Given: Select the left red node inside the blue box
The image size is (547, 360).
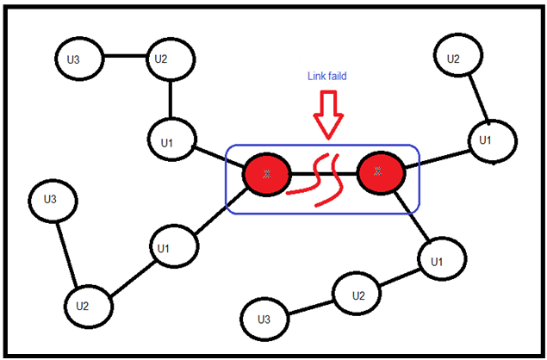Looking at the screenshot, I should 266,174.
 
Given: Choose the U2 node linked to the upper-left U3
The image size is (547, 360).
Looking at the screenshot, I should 160,59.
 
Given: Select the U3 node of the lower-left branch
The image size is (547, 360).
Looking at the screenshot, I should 51,200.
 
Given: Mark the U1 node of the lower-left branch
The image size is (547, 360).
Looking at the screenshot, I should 164,248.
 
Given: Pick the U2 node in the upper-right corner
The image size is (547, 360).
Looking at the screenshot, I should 453,59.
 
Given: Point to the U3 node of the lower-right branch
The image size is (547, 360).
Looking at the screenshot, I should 265,320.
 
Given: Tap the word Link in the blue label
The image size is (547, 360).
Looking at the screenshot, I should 317,76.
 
